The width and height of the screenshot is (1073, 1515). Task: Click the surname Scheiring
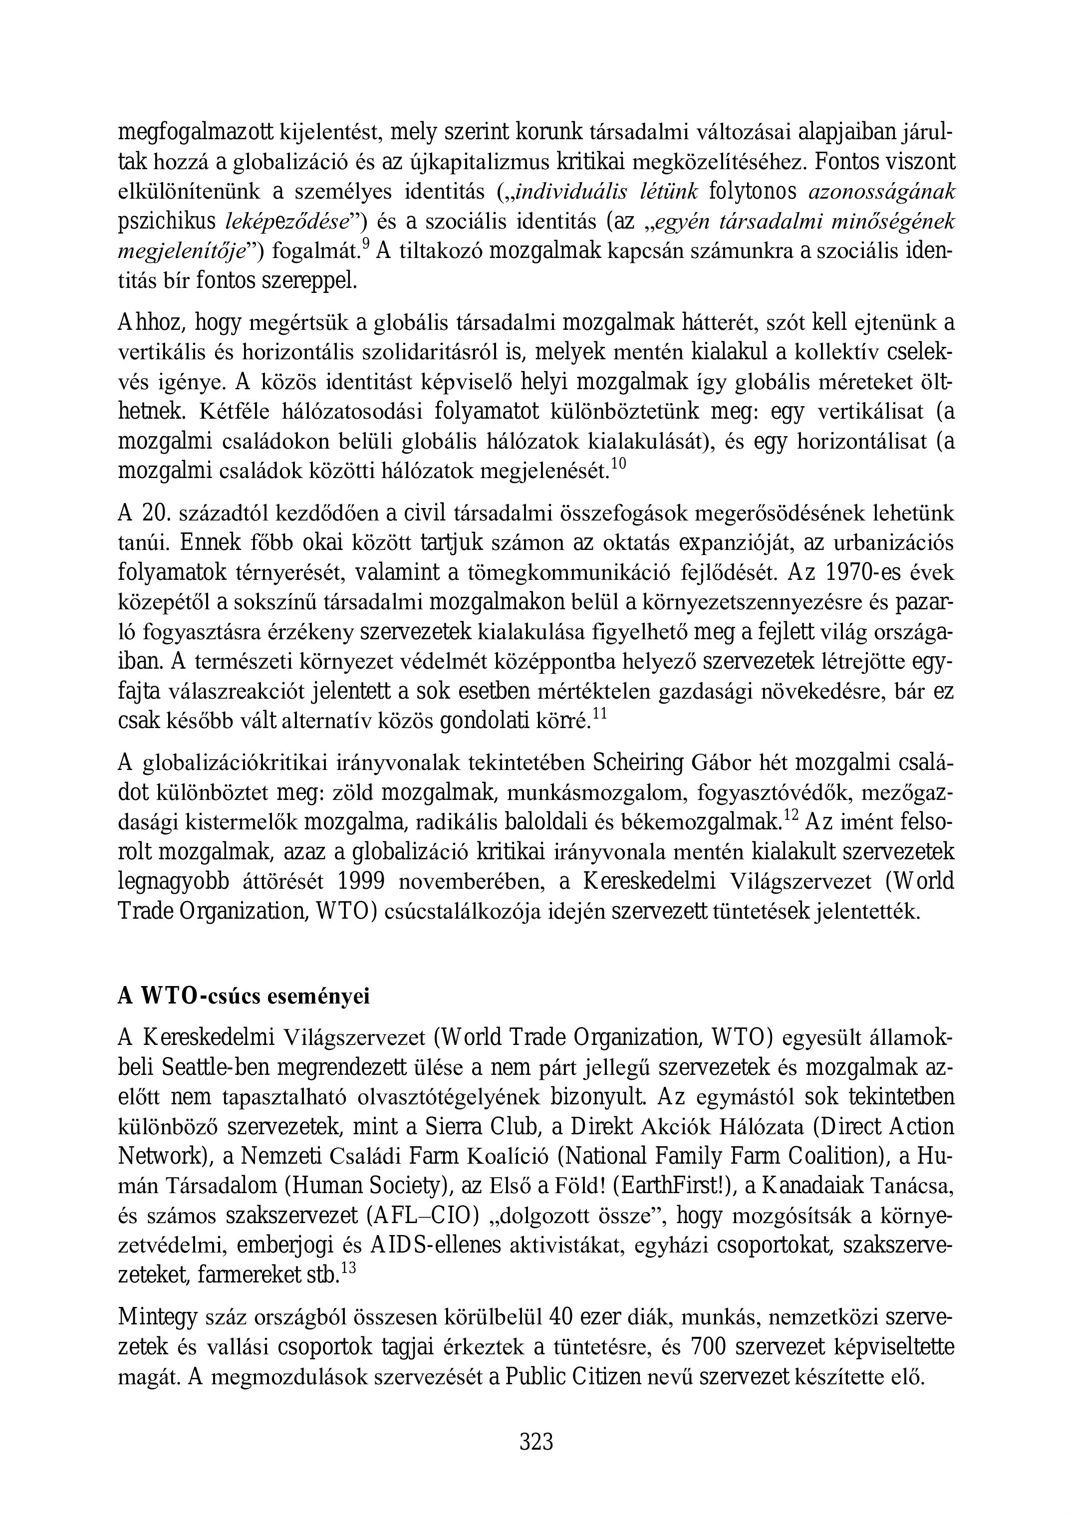pyautogui.click(x=638, y=764)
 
